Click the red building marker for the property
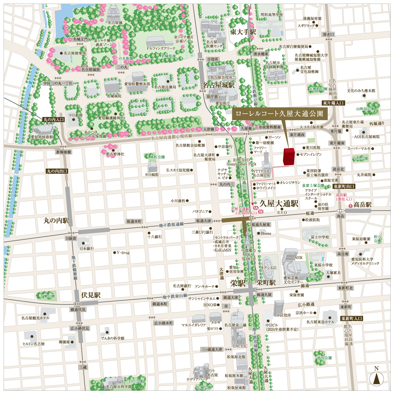click(289, 156)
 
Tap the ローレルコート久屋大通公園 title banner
click(282, 113)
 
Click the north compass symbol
click(376, 378)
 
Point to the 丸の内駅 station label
click(56, 220)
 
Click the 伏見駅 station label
click(91, 295)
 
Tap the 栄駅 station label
click(238, 283)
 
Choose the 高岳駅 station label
click(363, 205)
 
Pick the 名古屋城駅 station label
click(219, 85)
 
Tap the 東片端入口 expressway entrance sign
click(333, 103)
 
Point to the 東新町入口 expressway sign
click(352, 318)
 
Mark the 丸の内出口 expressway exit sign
click(57, 171)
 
